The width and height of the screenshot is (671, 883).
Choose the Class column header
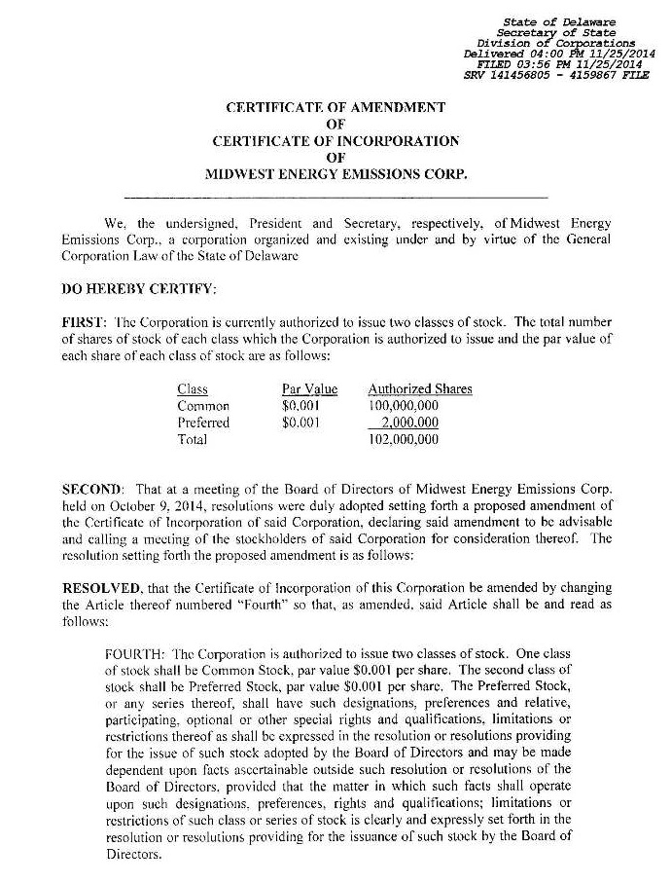pyautogui.click(x=193, y=389)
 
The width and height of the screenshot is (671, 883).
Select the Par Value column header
pyautogui.click(x=309, y=389)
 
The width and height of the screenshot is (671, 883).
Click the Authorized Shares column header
pyautogui.click(x=419, y=389)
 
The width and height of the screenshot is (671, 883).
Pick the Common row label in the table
pyautogui.click(x=203, y=406)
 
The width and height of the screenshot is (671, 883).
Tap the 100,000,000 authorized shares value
pyautogui.click(x=404, y=406)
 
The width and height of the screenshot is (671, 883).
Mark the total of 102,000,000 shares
pyautogui.click(x=404, y=439)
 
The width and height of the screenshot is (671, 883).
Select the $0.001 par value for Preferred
pyautogui.click(x=300, y=423)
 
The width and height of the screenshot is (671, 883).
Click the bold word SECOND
pyautogui.click(x=91, y=486)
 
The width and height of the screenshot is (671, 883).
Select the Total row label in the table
pyautogui.click(x=193, y=439)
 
